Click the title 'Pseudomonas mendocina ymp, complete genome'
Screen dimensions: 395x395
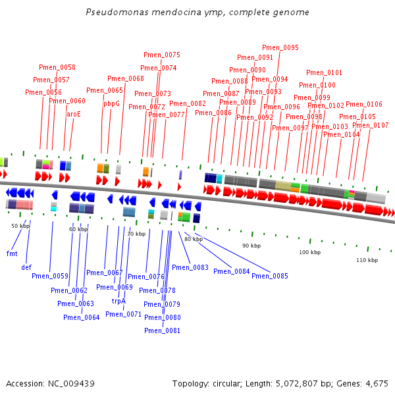pos(197,13)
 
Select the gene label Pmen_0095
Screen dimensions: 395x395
pos(280,47)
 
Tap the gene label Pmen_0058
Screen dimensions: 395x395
pos(57,67)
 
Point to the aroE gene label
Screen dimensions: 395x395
pos(73,113)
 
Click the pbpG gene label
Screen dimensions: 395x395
pos(111,103)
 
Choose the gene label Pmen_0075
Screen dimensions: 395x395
pos(162,55)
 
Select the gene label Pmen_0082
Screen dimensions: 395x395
pos(188,103)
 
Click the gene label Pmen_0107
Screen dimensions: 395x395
pos(370,125)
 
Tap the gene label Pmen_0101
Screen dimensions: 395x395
pos(324,72)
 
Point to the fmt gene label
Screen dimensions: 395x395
pos(12,253)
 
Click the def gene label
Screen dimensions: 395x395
pos(26,267)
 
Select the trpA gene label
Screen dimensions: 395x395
pos(118,301)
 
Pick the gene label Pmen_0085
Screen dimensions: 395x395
pos(270,276)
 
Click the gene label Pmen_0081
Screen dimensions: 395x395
pos(162,330)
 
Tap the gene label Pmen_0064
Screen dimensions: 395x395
pos(82,317)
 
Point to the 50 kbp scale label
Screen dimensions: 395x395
pos(20,226)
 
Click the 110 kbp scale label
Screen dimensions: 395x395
pos(367,260)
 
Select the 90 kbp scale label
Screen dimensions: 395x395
pos(251,246)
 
